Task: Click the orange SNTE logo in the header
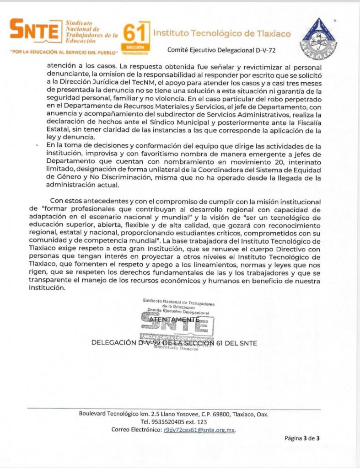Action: pos(34,30)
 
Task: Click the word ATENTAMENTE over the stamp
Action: pos(176,319)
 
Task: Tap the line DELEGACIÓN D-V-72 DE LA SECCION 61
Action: pos(174,343)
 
